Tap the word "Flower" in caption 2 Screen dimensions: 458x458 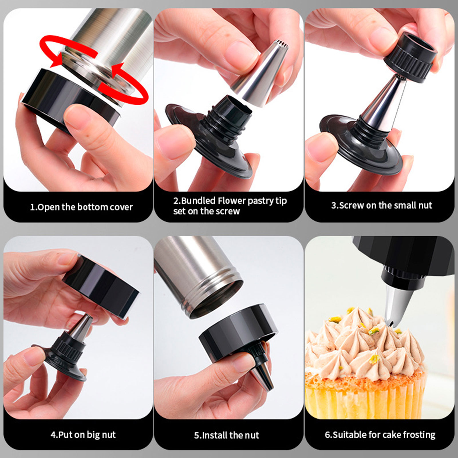click(x=231, y=201)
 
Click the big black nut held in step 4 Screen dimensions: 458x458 click(x=100, y=286)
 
